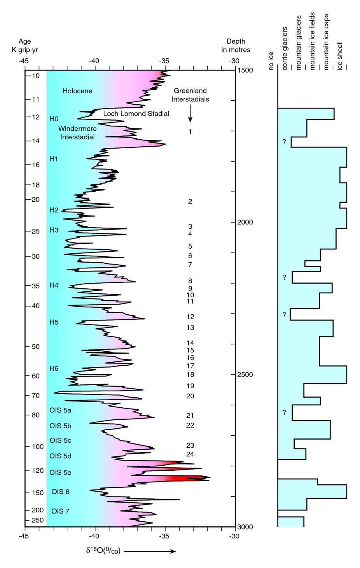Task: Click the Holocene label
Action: click(x=77, y=91)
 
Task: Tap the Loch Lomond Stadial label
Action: click(x=136, y=114)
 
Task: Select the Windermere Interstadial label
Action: click(x=77, y=133)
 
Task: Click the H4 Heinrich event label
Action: click(x=54, y=286)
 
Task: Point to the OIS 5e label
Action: click(x=60, y=472)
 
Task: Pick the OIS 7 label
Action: click(x=60, y=511)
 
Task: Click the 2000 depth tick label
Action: click(x=245, y=222)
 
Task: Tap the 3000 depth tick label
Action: click(x=245, y=527)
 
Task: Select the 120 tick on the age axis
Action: click(x=38, y=471)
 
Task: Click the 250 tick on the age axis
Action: click(x=38, y=521)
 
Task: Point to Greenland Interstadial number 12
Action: click(x=190, y=317)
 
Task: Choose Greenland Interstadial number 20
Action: click(x=190, y=396)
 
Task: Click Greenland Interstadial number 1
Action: click(x=190, y=132)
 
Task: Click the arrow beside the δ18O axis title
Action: click(x=150, y=551)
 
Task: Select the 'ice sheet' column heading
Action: click(x=340, y=56)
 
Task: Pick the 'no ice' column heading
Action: click(x=271, y=61)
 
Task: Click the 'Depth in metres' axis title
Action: click(x=236, y=46)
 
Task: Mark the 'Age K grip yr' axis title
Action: click(x=24, y=46)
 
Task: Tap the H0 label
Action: click(x=54, y=119)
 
